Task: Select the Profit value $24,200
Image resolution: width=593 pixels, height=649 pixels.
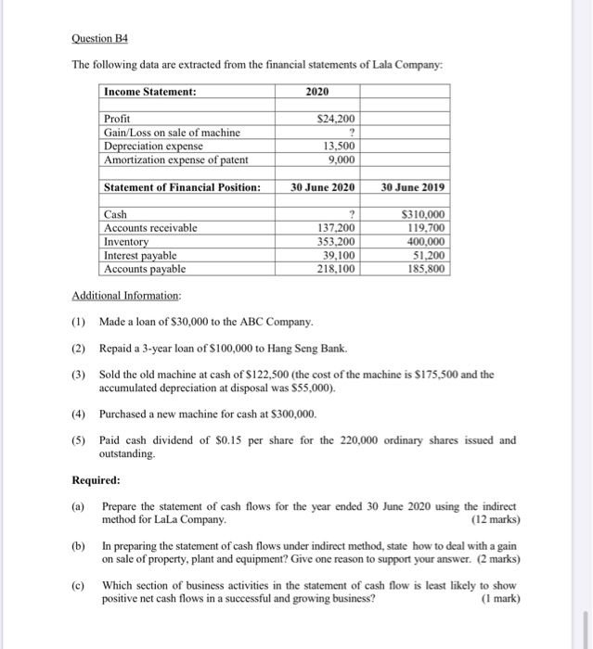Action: [x=335, y=119]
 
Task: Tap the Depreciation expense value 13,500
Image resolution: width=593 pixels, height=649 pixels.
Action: [x=338, y=146]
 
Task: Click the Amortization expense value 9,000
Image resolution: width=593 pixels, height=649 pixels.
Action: [x=341, y=159]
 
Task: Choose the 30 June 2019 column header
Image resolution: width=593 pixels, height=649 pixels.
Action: [x=412, y=187]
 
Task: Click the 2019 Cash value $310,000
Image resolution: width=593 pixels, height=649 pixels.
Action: [x=423, y=214]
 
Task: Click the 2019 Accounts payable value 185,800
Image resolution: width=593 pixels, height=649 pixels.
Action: [x=424, y=269]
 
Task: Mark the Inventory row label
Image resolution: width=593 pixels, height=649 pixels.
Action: [x=126, y=241]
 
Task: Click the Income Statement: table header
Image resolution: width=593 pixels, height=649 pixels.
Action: [x=150, y=92]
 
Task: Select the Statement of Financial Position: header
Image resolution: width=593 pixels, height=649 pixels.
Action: [x=182, y=187]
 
